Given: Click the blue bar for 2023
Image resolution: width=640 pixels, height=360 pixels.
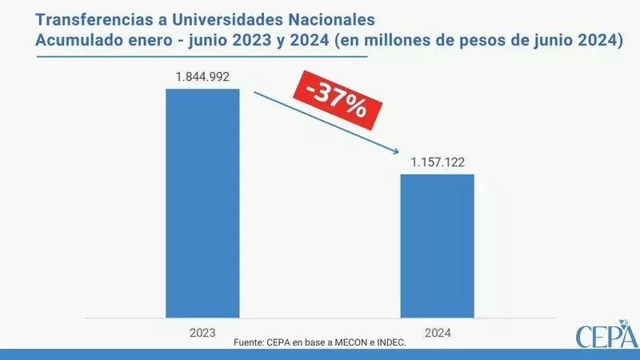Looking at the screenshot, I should [x=202, y=202].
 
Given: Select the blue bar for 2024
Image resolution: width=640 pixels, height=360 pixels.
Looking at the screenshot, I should [x=437, y=245].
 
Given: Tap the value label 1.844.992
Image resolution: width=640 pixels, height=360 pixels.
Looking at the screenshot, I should [x=202, y=77].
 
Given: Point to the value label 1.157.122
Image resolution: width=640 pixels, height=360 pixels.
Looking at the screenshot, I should [x=438, y=162].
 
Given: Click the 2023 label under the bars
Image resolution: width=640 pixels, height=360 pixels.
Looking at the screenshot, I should [x=202, y=330].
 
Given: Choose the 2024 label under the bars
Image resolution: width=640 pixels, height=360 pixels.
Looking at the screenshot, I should [x=437, y=330].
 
